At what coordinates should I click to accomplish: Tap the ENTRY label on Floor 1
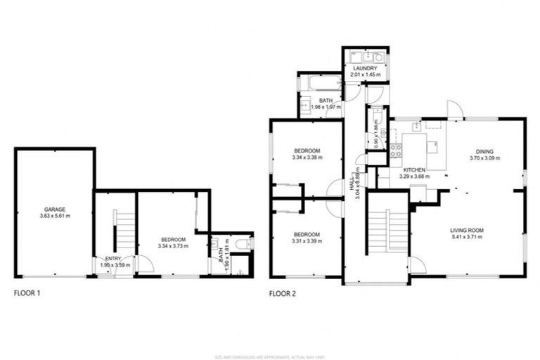click(113, 259)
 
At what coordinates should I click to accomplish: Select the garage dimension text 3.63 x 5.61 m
click(56, 216)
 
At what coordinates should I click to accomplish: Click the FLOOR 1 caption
click(27, 294)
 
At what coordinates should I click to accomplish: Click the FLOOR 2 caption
click(283, 294)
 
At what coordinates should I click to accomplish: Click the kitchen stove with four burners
click(396, 150)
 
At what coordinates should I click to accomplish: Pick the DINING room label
click(484, 151)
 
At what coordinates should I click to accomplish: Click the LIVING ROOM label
click(468, 230)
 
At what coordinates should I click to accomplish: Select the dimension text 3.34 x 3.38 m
click(307, 157)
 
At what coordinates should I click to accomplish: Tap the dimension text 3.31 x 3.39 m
click(307, 240)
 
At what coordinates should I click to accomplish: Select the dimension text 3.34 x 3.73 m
click(173, 246)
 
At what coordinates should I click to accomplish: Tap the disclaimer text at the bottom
click(270, 355)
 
